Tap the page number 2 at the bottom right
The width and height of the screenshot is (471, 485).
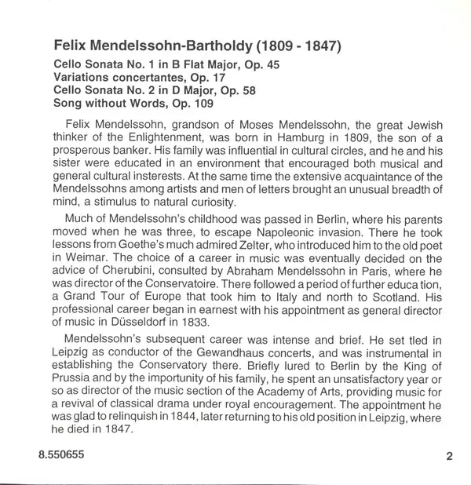[448, 456]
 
